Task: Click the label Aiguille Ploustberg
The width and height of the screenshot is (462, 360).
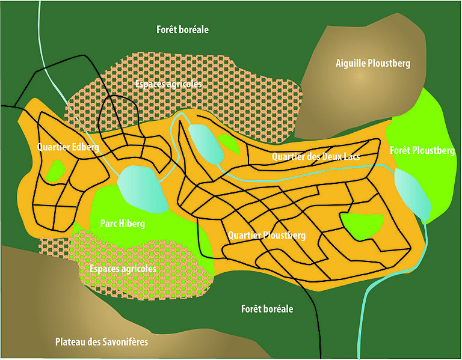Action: pos(372,63)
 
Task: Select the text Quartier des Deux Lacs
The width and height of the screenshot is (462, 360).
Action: pos(316,157)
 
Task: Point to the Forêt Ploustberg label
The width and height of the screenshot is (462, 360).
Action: pos(422,150)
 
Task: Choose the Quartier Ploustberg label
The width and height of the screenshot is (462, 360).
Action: pos(267,236)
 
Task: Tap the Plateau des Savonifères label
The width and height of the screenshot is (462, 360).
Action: pos(101,342)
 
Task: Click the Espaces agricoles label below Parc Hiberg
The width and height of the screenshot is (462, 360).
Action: pos(122,269)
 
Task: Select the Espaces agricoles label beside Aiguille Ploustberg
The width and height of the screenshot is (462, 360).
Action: pos(168,84)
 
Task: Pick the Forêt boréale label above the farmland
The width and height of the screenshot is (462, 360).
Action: pos(182,29)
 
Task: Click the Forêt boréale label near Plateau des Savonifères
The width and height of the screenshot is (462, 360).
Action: pos(266,309)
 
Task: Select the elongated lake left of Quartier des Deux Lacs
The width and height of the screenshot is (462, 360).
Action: pos(205,144)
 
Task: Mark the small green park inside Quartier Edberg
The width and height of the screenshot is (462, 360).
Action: pos(56,169)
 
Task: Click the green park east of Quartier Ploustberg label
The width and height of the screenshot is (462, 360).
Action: pos(362,225)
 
